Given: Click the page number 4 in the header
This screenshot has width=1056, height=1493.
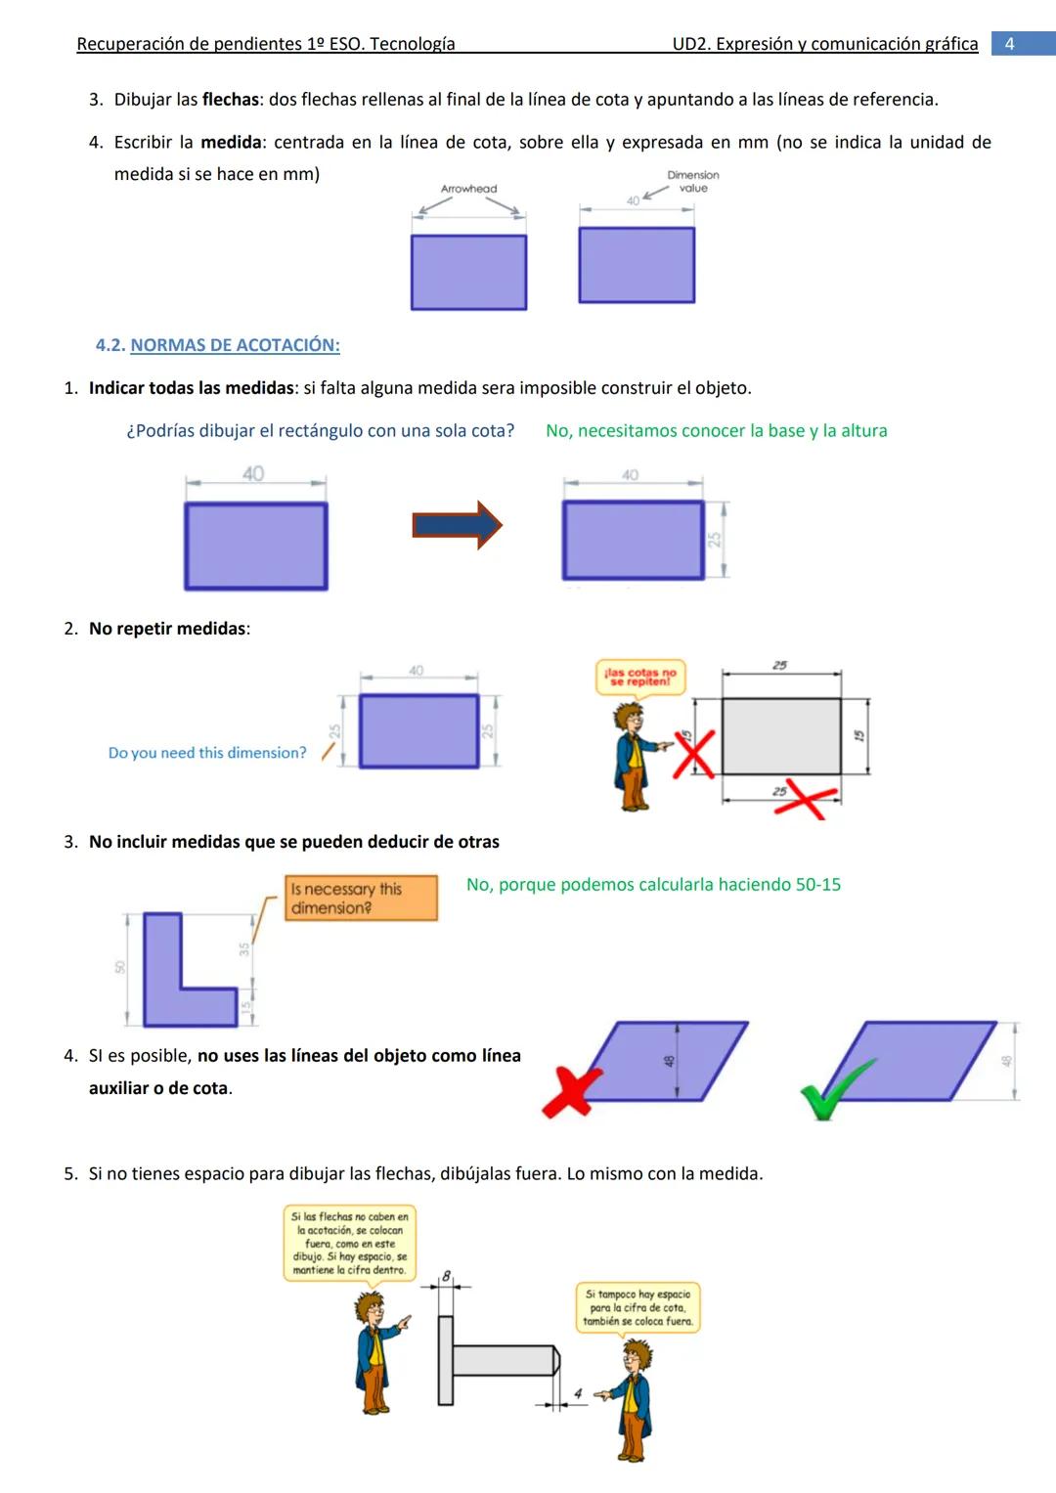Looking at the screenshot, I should pos(1010,44).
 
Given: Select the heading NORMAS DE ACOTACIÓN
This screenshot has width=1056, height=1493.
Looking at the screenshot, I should pos(235,345).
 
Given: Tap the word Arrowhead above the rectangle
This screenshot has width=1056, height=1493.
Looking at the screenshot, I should pos(468,189).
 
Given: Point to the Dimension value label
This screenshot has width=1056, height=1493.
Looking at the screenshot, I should pos(692,182).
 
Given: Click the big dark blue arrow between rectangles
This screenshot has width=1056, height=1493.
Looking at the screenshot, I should pos(457,525).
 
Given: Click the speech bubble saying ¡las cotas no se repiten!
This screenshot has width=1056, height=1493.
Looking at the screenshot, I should pos(640,677).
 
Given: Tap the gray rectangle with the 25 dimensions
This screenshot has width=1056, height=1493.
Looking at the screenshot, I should pos(781,736).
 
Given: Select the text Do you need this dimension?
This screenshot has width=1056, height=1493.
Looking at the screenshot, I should pos(207,753).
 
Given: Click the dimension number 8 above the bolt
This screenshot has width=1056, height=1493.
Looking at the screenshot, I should pos(447,1276).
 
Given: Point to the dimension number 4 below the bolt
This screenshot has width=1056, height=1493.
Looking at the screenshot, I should pos(578,1393).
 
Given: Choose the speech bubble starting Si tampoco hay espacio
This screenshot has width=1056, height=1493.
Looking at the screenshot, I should pos(638,1308).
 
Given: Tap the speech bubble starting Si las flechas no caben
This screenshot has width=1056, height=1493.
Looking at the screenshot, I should pos(349,1244).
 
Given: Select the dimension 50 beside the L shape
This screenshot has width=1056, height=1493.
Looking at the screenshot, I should pos(120,967).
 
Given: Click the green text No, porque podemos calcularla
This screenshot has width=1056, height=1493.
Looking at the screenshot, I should pos(653,885).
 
